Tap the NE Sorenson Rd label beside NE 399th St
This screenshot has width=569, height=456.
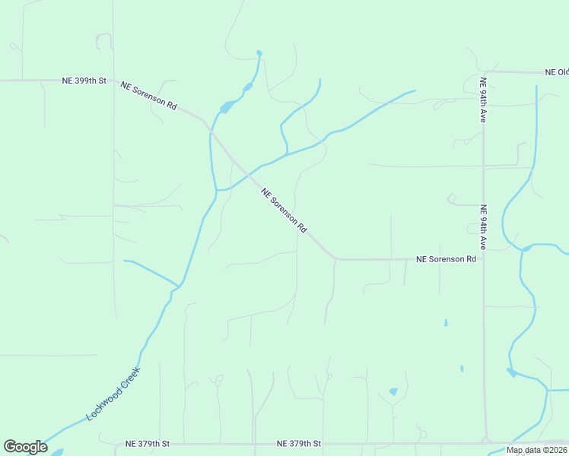click(148, 96)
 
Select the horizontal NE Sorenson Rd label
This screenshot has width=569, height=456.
click(446, 259)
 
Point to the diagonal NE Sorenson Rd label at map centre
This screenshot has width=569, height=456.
click(284, 211)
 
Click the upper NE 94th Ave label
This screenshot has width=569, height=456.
click(482, 99)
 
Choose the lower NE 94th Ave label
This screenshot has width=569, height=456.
click(482, 226)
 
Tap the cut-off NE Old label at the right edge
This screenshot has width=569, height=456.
click(557, 72)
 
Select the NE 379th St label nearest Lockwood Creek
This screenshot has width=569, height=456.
click(148, 443)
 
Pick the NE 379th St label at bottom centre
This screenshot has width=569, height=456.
click(300, 443)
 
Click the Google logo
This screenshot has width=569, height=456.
click(25, 447)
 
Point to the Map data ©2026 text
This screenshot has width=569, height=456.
click(536, 450)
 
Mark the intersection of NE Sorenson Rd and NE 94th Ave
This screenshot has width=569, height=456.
click(484, 259)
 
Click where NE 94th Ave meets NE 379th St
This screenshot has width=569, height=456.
click(485, 442)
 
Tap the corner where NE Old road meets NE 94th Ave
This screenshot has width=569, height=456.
click(485, 72)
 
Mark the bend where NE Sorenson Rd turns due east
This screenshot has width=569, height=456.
click(335, 258)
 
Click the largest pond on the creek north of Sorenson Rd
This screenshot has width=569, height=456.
click(226, 107)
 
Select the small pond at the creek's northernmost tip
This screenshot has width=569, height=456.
click(259, 53)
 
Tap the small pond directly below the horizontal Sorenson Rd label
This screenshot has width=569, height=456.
click(446, 323)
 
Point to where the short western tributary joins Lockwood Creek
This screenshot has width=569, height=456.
click(179, 287)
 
